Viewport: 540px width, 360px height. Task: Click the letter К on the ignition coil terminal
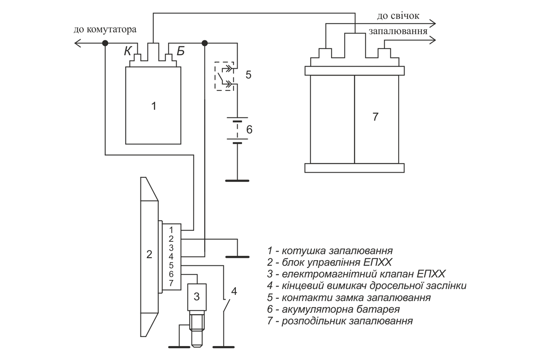[x=128, y=51]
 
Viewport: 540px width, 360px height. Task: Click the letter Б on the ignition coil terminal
[x=180, y=51]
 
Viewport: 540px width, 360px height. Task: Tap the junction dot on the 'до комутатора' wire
[x=105, y=43]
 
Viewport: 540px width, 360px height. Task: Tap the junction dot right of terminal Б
[x=204, y=43]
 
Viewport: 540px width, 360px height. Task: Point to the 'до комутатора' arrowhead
[x=77, y=43]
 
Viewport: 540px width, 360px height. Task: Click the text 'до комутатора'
[x=105, y=30]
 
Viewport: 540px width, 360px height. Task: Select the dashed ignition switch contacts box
[x=224, y=76]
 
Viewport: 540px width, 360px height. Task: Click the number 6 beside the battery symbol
[x=249, y=130]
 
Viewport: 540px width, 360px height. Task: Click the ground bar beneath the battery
[x=237, y=180]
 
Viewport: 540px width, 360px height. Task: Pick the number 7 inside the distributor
[x=375, y=117]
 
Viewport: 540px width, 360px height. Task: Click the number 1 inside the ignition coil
[x=153, y=106]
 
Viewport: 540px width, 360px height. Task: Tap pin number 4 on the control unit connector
[x=171, y=256]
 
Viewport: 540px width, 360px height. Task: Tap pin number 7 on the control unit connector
[x=171, y=283]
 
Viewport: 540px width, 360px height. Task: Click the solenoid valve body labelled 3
[x=197, y=297]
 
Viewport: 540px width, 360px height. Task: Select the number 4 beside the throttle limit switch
[x=234, y=291]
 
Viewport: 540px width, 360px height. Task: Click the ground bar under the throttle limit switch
[x=224, y=347]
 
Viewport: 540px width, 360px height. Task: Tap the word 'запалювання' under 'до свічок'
[x=398, y=31]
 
